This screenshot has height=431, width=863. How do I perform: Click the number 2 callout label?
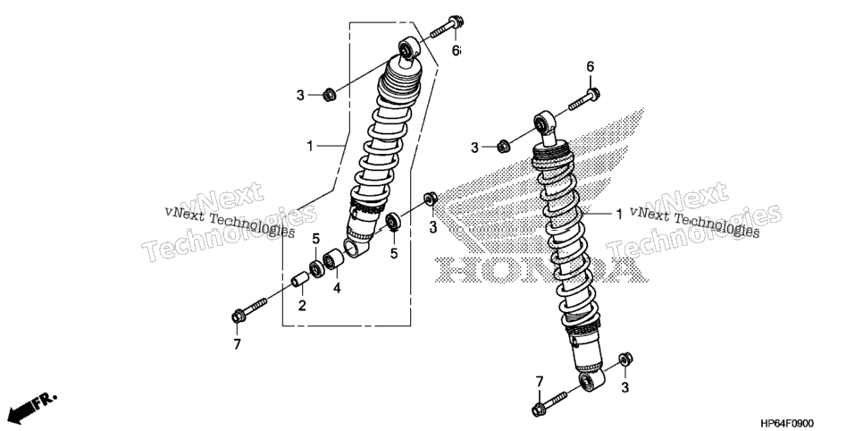tap(302, 305)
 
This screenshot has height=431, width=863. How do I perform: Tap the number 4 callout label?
tap(336, 288)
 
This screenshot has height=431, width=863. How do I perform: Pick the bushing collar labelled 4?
tap(333, 259)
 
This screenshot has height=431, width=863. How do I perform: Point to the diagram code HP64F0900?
tap(786, 423)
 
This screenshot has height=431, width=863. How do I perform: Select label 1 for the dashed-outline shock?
tap(310, 146)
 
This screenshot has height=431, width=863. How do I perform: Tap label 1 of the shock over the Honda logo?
tap(618, 214)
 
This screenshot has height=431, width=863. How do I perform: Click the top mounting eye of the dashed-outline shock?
tap(408, 48)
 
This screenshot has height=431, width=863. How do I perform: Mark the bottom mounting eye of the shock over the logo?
tap(591, 380)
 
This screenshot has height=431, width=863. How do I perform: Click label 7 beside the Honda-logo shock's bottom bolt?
tap(540, 382)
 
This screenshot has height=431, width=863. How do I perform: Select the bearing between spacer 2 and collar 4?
tap(316, 269)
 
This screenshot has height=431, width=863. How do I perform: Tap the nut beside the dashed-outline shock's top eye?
tap(329, 94)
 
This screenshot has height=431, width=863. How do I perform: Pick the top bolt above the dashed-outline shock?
tap(447, 27)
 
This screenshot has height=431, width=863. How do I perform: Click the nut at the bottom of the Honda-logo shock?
tap(625, 359)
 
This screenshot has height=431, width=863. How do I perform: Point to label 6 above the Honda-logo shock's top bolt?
tap(590, 67)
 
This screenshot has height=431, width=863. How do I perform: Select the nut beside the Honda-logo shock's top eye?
tap(502, 147)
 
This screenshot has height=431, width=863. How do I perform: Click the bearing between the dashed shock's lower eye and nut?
tap(393, 221)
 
